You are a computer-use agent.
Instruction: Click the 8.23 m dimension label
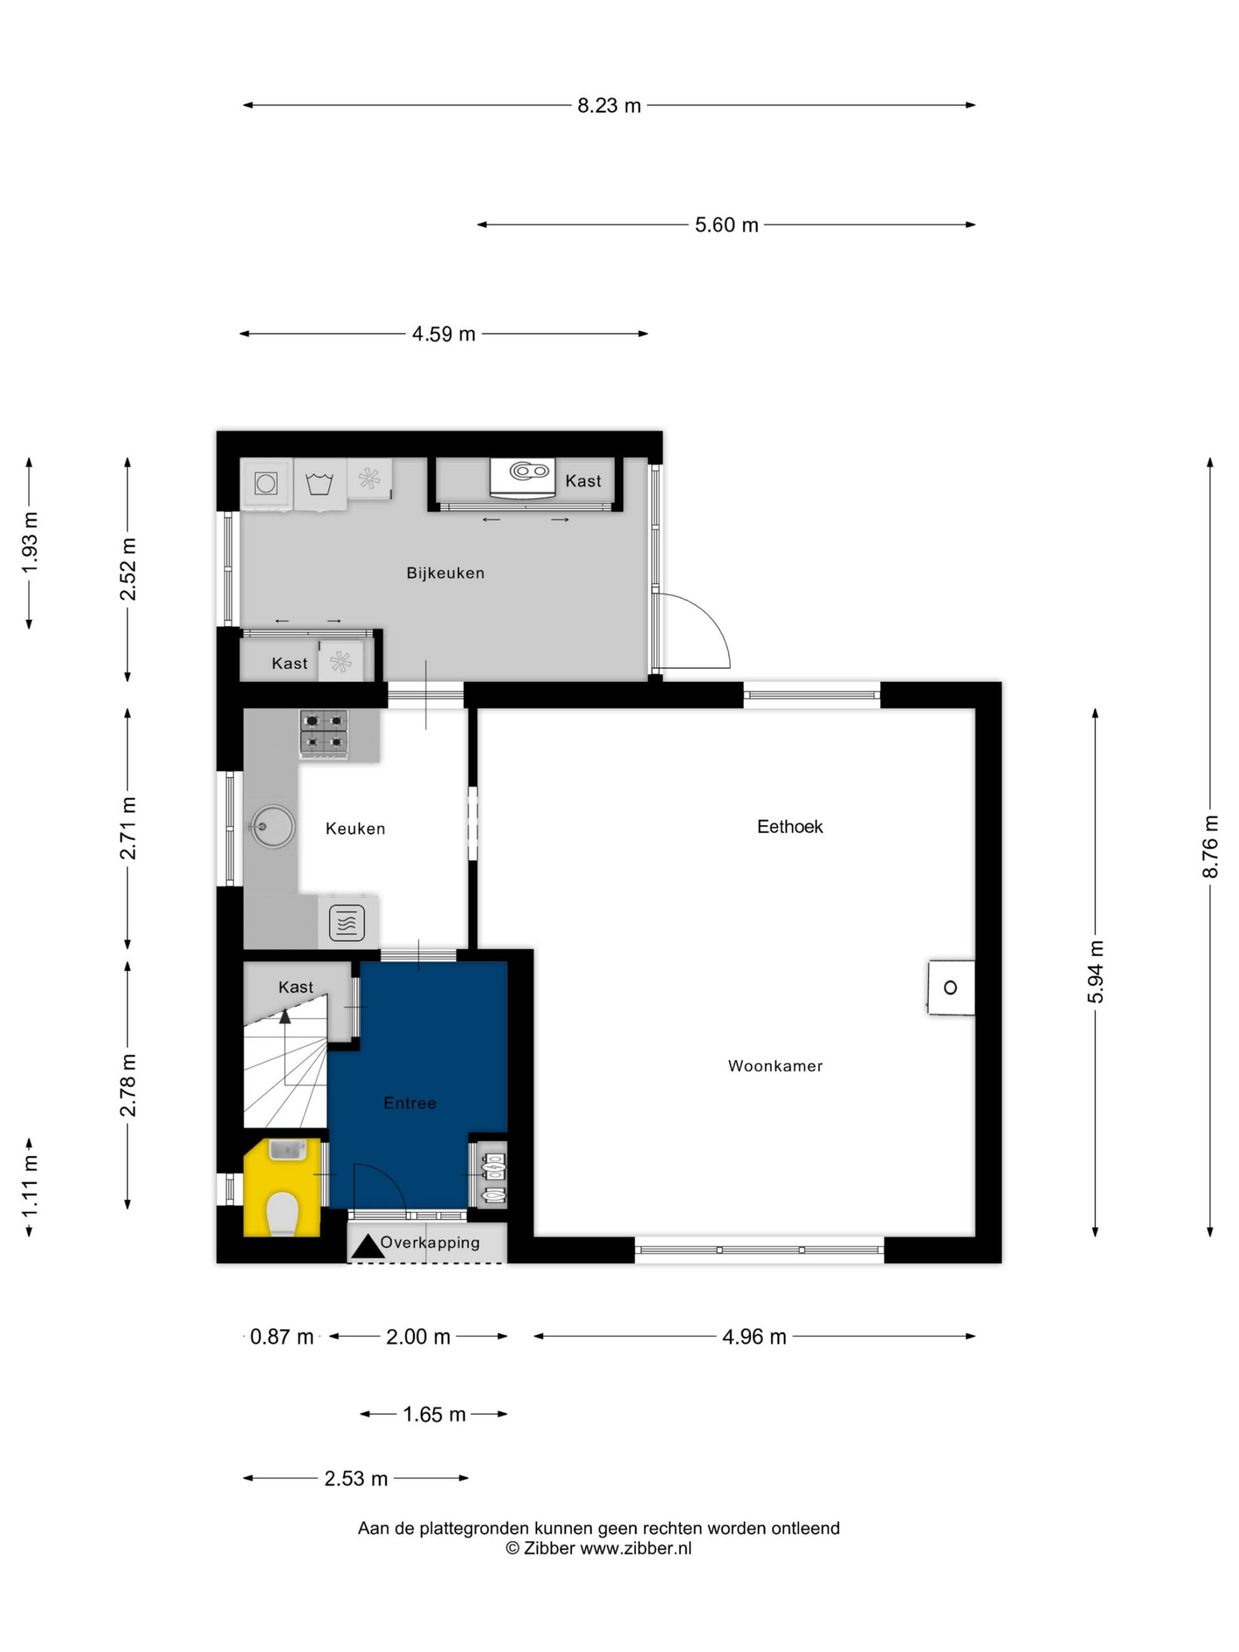(x=609, y=105)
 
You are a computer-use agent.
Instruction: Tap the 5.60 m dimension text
(x=727, y=225)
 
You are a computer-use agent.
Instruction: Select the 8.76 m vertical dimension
(x=1210, y=846)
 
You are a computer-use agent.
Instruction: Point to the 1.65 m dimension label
(x=434, y=1415)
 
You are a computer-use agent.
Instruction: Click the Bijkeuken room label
(x=445, y=573)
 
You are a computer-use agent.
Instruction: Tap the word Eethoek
(x=789, y=826)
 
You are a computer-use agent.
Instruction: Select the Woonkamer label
(x=775, y=1066)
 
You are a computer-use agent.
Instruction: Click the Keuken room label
(x=355, y=828)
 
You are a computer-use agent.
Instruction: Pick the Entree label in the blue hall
(x=409, y=1102)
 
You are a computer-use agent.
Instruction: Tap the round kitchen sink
(x=271, y=826)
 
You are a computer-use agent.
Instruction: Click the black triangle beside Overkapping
(x=367, y=1247)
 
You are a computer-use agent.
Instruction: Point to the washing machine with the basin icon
(x=320, y=484)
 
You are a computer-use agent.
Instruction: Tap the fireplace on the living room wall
(x=951, y=987)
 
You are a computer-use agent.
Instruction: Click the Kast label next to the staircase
(x=296, y=987)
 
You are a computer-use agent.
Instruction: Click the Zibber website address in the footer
(x=636, y=1548)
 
